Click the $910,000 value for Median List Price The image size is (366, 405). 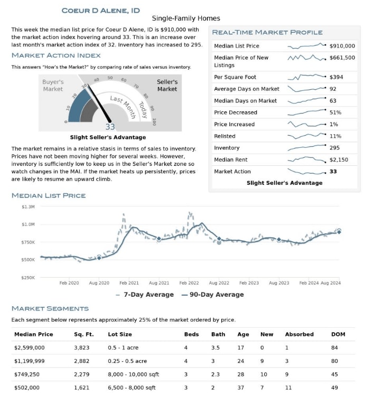point(342,46)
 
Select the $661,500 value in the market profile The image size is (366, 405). point(342,58)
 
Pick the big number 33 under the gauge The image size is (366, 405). point(110,127)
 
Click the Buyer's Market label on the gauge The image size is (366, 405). point(53,86)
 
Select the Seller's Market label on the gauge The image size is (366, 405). point(167,86)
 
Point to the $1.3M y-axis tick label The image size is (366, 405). point(28,207)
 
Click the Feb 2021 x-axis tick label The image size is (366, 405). point(129,283)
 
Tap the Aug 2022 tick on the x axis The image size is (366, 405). point(219,283)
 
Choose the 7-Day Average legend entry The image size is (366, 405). point(145,295)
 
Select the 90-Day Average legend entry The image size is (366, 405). point(212,295)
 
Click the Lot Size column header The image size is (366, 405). point(119,334)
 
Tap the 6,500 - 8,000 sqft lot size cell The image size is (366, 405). point(132,388)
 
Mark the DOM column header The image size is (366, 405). point(338,334)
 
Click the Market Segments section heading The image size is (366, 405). point(50,308)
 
